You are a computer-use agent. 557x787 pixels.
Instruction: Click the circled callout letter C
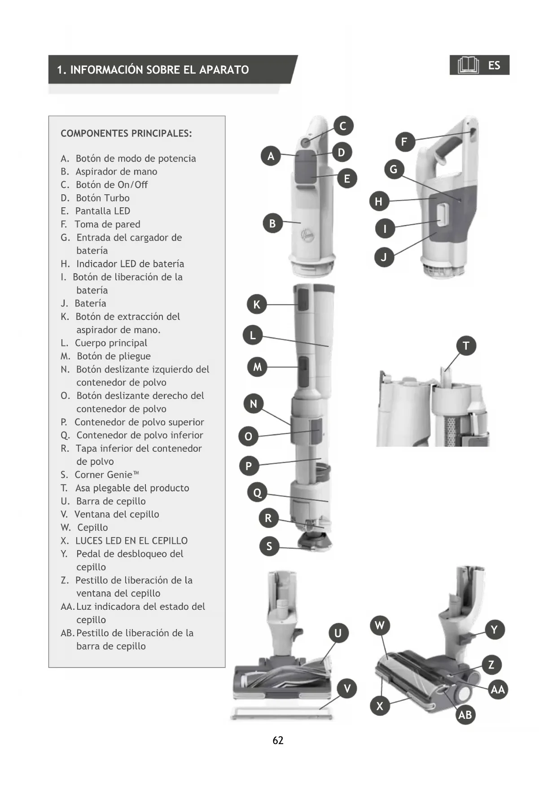click(x=343, y=126)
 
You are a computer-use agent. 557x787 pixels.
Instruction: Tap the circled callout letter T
click(x=466, y=346)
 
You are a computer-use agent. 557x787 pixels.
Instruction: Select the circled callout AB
click(x=465, y=715)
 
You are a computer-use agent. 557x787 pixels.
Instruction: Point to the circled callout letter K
click(x=257, y=305)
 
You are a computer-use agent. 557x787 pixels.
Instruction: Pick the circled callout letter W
click(x=380, y=625)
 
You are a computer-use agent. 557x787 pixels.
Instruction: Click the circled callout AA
click(x=497, y=690)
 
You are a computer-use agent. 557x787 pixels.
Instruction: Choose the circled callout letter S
click(x=269, y=546)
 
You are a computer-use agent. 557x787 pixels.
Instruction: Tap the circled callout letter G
click(x=394, y=170)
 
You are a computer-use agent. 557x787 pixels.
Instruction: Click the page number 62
click(x=278, y=740)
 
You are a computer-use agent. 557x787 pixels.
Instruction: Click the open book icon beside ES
click(x=468, y=66)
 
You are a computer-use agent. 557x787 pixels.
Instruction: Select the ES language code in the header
click(x=494, y=66)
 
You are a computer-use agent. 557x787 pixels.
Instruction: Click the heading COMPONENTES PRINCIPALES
click(x=126, y=133)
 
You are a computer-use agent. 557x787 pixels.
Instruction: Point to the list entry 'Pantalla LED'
click(x=103, y=211)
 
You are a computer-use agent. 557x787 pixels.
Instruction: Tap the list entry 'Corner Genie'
click(x=107, y=475)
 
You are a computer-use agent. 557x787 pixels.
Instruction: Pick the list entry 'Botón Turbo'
click(x=103, y=198)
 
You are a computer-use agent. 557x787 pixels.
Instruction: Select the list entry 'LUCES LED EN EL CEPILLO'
click(x=132, y=541)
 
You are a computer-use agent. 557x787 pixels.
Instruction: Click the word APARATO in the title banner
click(x=224, y=70)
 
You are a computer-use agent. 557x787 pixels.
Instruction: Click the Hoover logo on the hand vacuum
click(x=308, y=235)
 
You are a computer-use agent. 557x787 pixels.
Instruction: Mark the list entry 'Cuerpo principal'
click(x=111, y=343)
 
